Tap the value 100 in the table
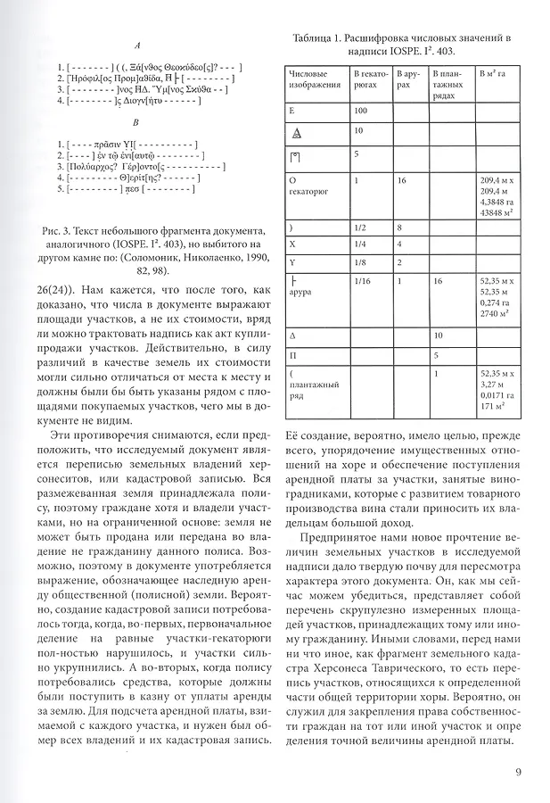tap(361, 111)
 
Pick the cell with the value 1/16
tap(362, 281)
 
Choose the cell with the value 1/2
tap(359, 228)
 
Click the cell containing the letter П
tap(292, 354)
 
